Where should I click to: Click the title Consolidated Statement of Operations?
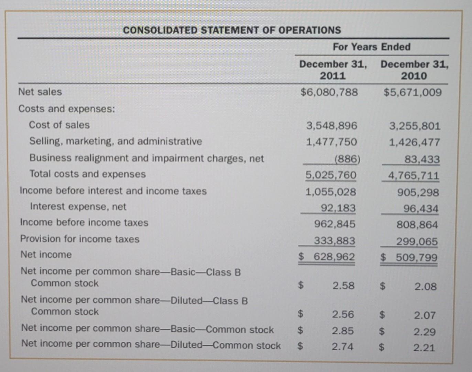(232, 30)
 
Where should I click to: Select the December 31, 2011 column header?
(333, 70)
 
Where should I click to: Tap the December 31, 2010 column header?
(414, 70)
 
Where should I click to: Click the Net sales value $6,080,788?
(329, 92)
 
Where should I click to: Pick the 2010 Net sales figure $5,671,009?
(413, 92)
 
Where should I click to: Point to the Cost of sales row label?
(59, 125)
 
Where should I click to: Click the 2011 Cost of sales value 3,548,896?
(332, 126)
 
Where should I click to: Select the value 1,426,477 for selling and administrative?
(414, 142)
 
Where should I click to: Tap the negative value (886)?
(347, 159)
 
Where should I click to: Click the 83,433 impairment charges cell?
(422, 159)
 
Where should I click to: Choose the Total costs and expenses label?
(87, 174)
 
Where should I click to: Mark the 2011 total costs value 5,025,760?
(331, 175)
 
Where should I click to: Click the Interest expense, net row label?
(78, 207)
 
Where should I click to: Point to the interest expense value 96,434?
(421, 209)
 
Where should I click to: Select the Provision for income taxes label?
(80, 239)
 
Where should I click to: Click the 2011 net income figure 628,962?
(334, 257)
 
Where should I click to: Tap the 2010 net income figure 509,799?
(416, 258)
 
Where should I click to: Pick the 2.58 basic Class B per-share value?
(343, 286)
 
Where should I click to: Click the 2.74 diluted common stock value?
(342, 347)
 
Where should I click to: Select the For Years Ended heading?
(371, 47)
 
